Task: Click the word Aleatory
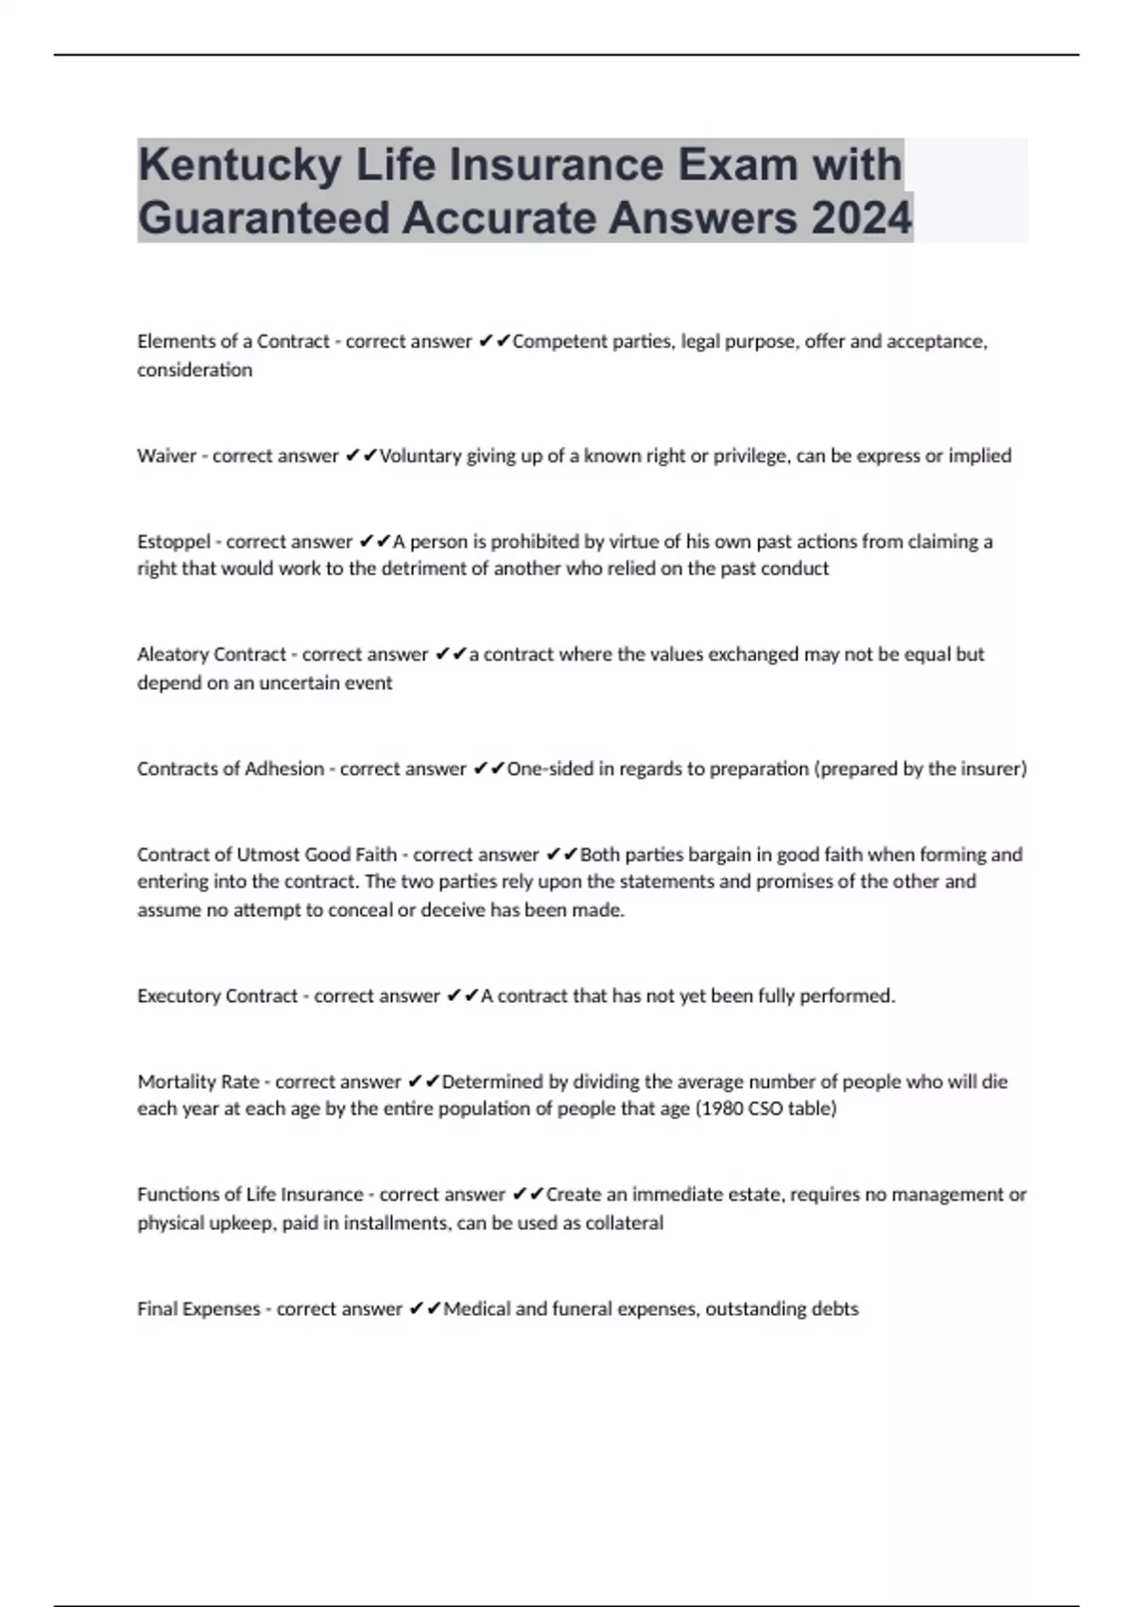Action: pos(174,654)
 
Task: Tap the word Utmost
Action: pos(268,855)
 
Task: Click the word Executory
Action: pos(177,995)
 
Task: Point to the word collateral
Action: pos(624,1223)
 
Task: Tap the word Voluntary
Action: pos(420,457)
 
